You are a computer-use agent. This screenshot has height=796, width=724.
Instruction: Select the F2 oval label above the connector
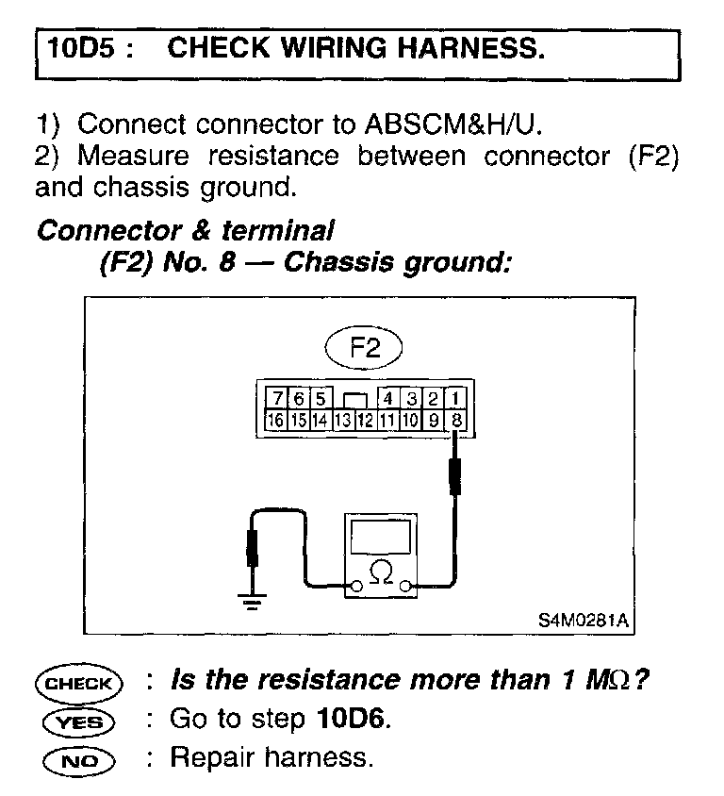(x=363, y=348)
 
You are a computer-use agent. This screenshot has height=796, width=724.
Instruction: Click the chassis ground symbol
(x=251, y=600)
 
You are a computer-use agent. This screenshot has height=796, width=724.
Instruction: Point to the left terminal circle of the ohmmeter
(x=355, y=588)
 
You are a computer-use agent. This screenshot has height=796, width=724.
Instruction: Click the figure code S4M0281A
(x=584, y=622)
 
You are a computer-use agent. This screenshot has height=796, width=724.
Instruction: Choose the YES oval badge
(x=77, y=721)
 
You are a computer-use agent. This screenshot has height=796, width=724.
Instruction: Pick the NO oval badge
(x=77, y=758)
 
